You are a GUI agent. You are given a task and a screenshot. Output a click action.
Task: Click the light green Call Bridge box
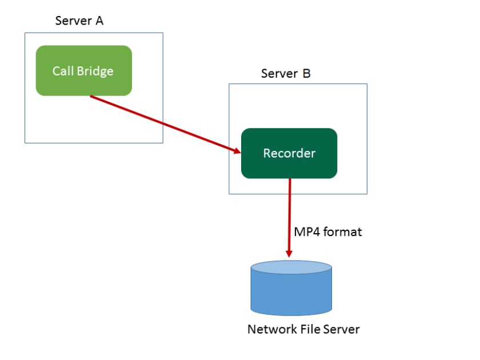click(84, 70)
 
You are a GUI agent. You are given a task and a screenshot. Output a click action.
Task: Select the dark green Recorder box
click(289, 153)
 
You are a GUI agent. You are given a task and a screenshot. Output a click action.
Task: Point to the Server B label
click(286, 73)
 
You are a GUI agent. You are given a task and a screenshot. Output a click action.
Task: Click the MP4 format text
click(328, 233)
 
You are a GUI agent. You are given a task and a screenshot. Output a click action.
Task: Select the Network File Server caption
click(303, 330)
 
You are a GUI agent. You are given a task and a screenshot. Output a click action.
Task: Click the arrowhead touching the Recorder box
click(235, 150)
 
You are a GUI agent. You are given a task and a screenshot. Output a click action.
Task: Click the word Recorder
click(289, 153)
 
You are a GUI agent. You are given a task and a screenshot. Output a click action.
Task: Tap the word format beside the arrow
click(343, 233)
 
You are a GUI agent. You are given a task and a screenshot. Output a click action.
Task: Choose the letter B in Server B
click(307, 73)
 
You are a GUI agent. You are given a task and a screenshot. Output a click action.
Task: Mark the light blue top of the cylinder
click(291, 267)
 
